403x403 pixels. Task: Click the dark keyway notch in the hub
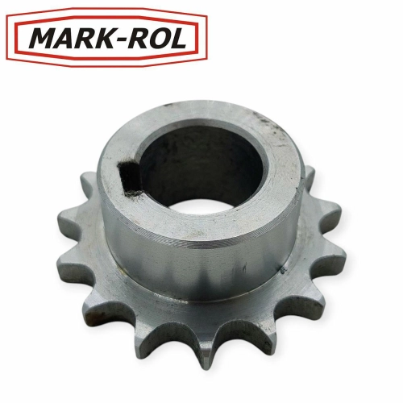(x=129, y=177)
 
